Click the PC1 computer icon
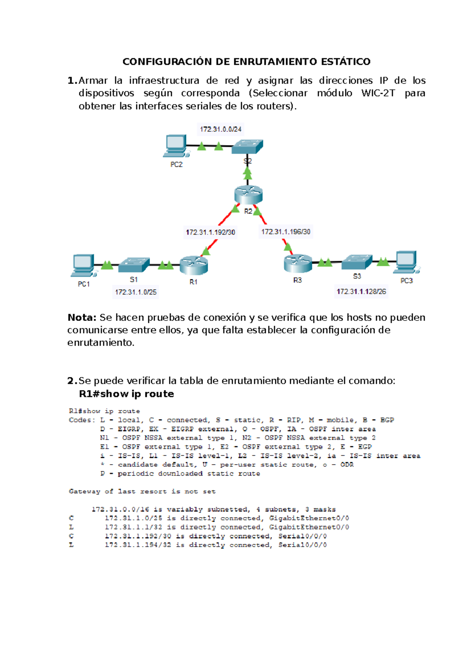coord(83,265)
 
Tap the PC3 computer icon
coord(407,262)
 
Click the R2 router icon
coord(248,195)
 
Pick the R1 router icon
coord(194,265)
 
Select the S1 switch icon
coord(134,265)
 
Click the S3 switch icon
coord(356,262)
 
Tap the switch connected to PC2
coord(247,147)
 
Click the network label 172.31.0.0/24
coord(221,129)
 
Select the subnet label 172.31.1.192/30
coord(210,232)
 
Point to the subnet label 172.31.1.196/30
coord(286,232)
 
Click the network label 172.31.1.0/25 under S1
coord(136,292)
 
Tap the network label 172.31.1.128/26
coord(361,291)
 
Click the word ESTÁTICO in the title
coord(345,62)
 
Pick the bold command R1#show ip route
coord(126,394)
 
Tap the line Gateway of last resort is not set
coord(142,491)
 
